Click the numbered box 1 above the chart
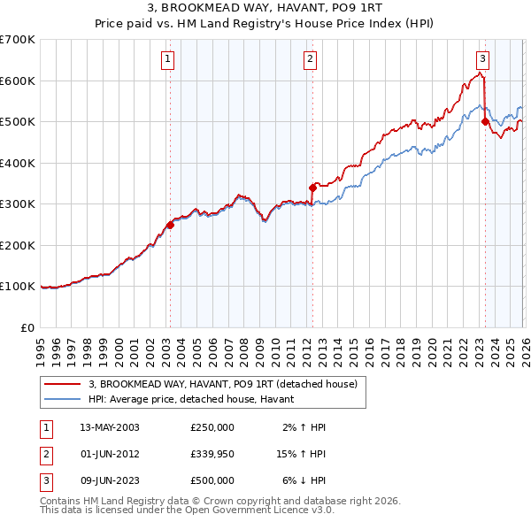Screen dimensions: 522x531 pyautogui.click(x=168, y=59)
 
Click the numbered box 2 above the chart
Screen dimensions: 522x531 pyautogui.click(x=311, y=59)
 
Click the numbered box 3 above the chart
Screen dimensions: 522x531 pyautogui.click(x=482, y=59)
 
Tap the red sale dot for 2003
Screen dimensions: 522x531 pyautogui.click(x=170, y=225)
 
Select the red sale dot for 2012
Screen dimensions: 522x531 pyautogui.click(x=312, y=188)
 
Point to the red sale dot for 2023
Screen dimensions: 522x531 pyautogui.click(x=485, y=122)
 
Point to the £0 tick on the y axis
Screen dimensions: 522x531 pyautogui.click(x=27, y=327)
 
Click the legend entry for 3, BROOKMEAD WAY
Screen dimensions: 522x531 pyautogui.click(x=222, y=384)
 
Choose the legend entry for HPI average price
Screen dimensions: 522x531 pyautogui.click(x=196, y=400)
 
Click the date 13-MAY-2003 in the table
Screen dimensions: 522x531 pyautogui.click(x=110, y=427)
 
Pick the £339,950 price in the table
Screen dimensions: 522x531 pyautogui.click(x=212, y=454)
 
